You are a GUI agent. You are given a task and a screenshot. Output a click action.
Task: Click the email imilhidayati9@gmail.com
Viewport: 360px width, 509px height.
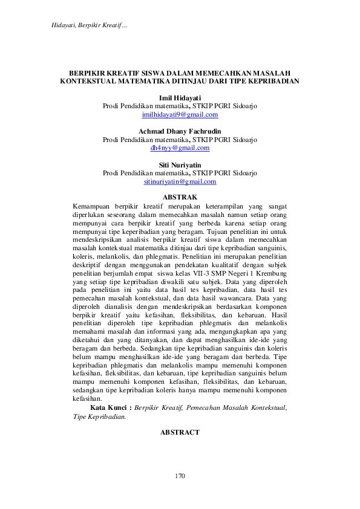(x=180, y=114)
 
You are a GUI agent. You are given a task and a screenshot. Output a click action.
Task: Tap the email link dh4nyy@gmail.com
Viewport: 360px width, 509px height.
(x=180, y=148)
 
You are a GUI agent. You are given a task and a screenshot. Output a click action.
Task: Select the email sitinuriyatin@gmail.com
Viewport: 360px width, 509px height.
(x=180, y=181)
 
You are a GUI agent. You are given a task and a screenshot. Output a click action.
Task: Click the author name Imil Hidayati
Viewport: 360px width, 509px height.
(x=180, y=97)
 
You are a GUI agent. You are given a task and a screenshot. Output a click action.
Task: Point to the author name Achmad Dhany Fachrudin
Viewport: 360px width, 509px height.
(x=180, y=131)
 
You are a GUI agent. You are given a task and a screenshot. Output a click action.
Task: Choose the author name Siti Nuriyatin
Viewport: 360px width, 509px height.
(x=180, y=165)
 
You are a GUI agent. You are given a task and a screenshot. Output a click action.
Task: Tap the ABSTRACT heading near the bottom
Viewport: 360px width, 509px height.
(x=180, y=433)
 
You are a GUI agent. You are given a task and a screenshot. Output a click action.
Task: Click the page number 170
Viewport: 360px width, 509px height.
(x=180, y=476)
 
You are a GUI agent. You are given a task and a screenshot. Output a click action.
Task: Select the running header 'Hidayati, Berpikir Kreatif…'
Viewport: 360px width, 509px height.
(x=85, y=25)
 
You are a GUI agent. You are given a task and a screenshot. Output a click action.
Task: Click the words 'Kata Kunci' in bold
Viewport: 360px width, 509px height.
(x=110, y=408)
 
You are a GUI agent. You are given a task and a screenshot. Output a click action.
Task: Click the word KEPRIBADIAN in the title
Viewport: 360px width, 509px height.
(x=272, y=80)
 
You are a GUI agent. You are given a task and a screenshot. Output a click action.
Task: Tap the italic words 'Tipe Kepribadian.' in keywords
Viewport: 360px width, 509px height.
(x=100, y=417)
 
